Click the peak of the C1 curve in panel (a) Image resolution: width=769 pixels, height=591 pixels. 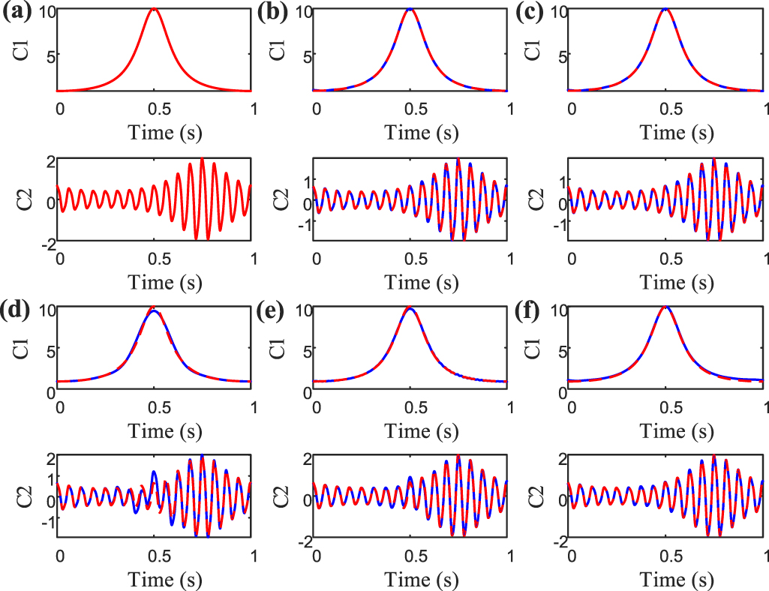click(154, 10)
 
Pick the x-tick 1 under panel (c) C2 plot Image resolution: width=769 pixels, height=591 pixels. click(765, 259)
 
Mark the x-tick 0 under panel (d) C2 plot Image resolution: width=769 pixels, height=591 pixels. click(60, 556)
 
